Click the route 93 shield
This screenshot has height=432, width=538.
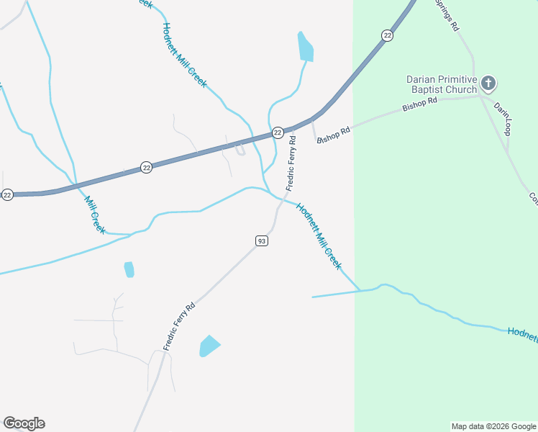262,240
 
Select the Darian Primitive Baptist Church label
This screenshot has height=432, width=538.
441,84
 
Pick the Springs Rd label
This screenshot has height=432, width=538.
447,14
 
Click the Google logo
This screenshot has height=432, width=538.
24,423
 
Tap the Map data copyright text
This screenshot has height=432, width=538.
494,426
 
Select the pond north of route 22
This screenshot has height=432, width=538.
306,47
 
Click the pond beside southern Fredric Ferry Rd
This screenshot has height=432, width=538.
209,346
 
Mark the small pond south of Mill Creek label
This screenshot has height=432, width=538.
129,269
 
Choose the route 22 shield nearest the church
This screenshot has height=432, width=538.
388,35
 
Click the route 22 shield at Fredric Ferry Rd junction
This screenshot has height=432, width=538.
278,132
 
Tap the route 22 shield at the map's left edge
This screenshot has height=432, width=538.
7,194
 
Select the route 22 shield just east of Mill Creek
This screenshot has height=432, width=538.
147,167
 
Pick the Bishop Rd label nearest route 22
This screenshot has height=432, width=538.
333,135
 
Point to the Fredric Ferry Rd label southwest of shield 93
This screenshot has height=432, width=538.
179,326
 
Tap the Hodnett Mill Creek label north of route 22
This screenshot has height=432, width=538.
185,55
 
